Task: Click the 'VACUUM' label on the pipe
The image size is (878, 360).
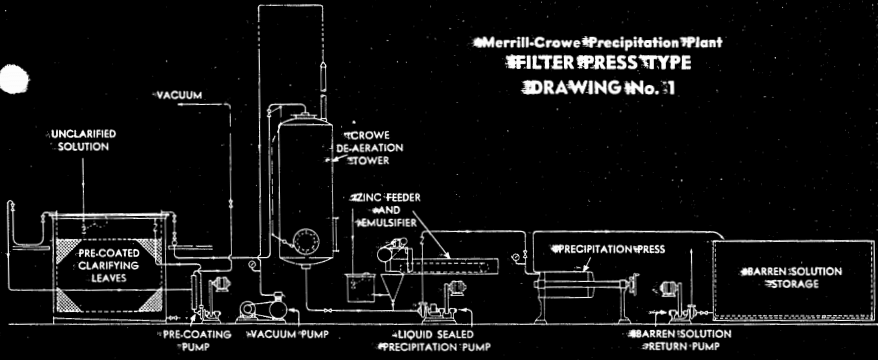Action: (x=179, y=95)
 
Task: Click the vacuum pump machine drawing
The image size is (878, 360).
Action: (x=269, y=304)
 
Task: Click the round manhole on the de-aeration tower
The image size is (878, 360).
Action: (x=302, y=240)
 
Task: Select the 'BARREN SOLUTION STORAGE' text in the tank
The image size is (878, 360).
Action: (x=792, y=277)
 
